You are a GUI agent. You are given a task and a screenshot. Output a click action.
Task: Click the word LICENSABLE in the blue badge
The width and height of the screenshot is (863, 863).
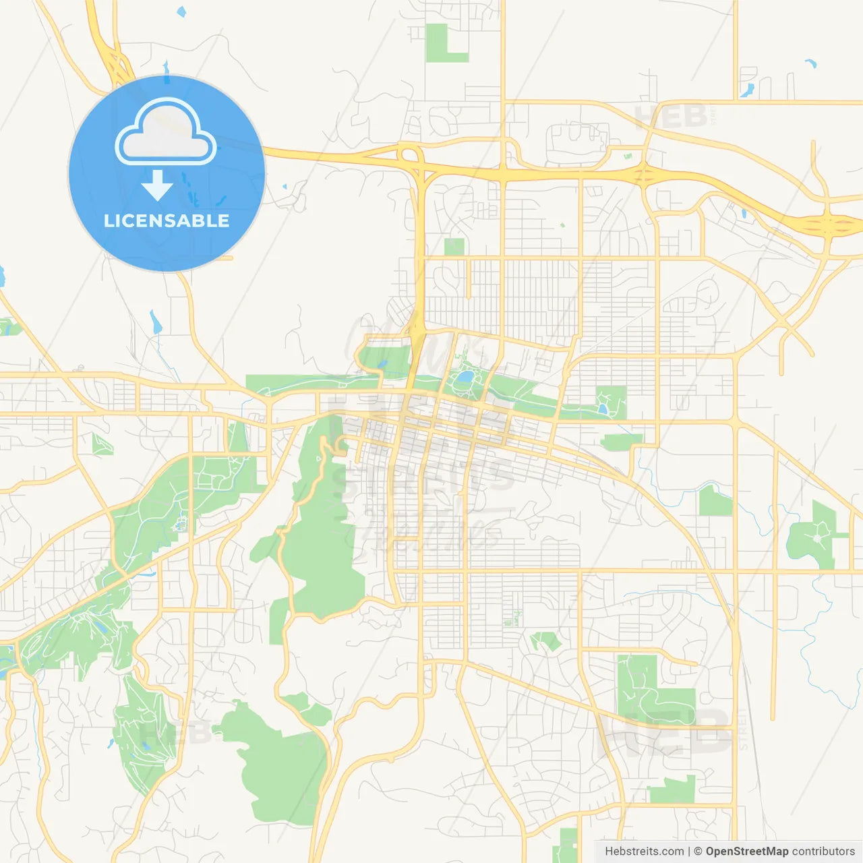point(167,220)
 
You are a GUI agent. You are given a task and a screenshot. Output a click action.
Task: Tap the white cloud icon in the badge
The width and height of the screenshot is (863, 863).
point(166,133)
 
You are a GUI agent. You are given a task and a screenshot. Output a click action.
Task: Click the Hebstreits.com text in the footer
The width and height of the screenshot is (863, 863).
point(644,852)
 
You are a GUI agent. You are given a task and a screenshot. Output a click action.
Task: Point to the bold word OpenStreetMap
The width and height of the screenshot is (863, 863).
point(746,852)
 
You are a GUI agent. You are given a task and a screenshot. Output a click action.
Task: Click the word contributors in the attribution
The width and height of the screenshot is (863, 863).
point(823,852)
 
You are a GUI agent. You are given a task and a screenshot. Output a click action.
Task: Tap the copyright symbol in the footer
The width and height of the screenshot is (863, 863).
point(698,852)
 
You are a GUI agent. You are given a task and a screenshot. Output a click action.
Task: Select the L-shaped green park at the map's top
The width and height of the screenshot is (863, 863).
point(442,44)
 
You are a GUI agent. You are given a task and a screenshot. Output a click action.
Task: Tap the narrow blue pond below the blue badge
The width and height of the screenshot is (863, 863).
point(156,322)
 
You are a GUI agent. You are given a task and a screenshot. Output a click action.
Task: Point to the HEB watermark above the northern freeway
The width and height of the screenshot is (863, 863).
point(671,117)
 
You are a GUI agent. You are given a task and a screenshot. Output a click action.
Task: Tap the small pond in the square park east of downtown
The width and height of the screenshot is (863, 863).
point(602,408)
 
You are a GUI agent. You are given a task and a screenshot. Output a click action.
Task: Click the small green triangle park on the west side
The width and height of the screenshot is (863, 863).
point(102,444)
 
